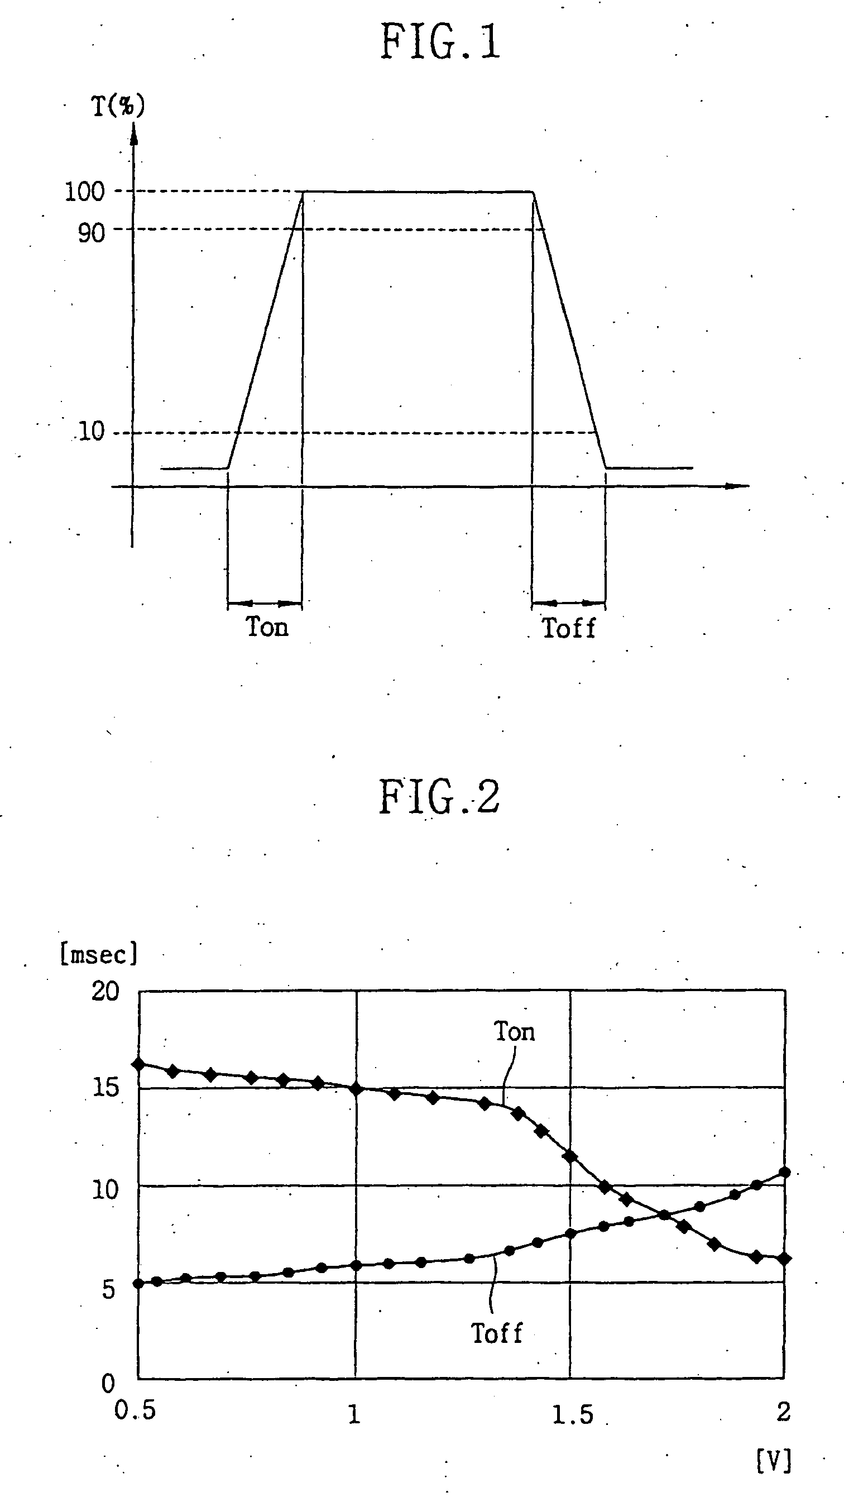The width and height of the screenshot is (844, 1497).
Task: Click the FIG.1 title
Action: click(440, 42)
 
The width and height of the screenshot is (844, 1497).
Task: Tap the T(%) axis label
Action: click(118, 106)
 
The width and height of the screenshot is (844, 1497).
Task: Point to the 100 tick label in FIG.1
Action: click(85, 192)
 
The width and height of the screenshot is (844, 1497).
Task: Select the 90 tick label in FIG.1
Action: click(92, 233)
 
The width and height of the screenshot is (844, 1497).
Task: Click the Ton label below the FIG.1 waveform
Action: click(267, 627)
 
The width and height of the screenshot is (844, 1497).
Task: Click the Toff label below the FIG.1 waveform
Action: click(569, 628)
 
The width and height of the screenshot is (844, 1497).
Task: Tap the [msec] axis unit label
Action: click(99, 955)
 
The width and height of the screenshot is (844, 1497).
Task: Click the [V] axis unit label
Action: click(774, 1460)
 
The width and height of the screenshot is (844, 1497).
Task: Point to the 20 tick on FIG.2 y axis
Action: click(105, 992)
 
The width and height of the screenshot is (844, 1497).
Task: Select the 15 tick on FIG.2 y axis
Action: click(105, 1088)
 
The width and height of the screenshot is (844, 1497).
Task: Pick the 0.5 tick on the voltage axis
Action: click(135, 1410)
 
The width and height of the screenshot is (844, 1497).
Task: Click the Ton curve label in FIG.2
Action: click(514, 1032)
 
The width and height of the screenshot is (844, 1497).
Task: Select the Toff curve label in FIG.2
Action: click(497, 1334)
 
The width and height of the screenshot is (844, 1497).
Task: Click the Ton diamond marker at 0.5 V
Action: click(138, 1064)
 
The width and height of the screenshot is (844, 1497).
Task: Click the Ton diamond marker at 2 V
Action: click(784, 1259)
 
